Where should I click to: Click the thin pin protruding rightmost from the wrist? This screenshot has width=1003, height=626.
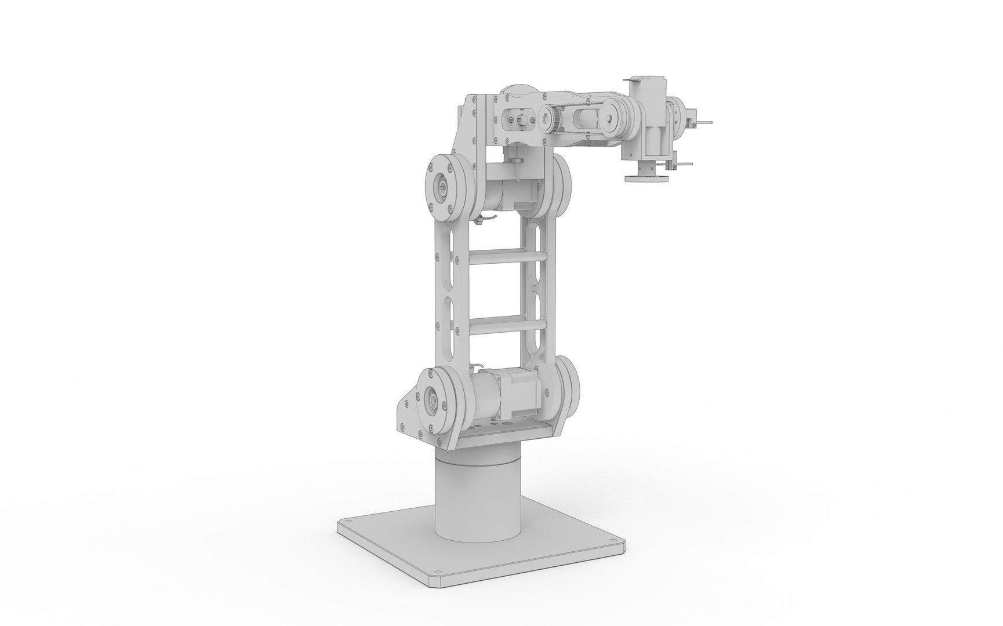coord(704,123)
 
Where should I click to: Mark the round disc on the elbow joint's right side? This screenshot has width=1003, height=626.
coord(561,186)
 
